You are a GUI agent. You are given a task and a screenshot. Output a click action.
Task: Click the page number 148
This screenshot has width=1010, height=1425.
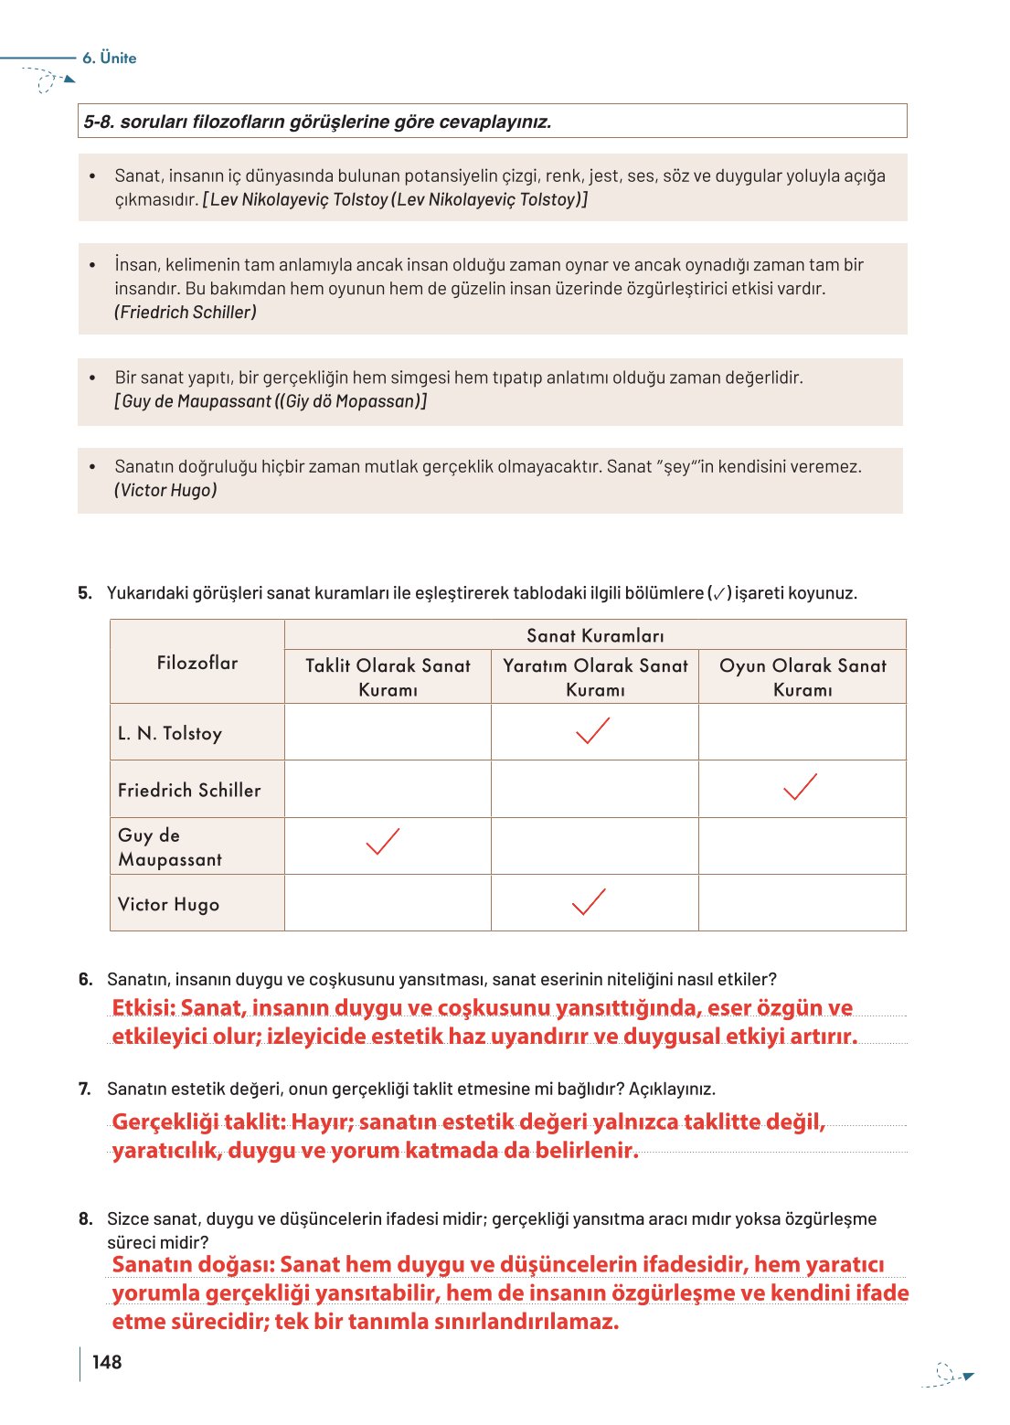[x=107, y=1362]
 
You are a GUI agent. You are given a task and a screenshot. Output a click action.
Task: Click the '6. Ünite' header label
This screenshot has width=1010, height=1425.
[x=109, y=58]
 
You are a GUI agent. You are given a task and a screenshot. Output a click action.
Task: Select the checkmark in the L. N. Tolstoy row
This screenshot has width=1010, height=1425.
[x=593, y=731]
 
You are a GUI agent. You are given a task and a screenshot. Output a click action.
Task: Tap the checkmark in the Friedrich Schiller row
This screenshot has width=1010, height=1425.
[x=800, y=787]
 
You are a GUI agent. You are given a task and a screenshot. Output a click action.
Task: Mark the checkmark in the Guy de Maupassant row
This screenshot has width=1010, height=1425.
[x=383, y=841]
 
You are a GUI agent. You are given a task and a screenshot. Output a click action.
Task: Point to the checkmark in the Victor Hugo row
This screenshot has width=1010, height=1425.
[x=589, y=901]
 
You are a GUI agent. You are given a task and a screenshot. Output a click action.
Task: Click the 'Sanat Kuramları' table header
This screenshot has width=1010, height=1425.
[x=595, y=635]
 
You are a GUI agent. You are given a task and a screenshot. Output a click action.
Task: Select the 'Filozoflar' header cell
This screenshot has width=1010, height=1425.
[x=197, y=663]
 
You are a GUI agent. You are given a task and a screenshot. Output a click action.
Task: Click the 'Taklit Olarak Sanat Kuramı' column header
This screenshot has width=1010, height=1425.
[x=388, y=677]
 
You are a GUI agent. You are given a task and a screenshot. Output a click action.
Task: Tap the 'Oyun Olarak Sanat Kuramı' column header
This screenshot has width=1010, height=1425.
[x=803, y=677]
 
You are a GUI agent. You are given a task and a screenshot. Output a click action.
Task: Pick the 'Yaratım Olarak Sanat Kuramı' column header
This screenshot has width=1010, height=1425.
[x=595, y=677]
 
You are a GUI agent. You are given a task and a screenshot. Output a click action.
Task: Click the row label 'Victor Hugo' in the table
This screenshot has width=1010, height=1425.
[x=168, y=904]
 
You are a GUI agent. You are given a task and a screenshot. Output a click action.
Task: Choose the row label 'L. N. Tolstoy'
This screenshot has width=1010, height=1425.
[x=170, y=733]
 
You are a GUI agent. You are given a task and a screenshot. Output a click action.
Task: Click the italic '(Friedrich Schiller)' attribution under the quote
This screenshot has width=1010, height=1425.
[x=186, y=313]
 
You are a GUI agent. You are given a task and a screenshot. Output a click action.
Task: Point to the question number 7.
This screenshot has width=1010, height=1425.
[x=85, y=1089]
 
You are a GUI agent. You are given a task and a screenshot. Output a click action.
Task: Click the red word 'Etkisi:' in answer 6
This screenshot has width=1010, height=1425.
[x=143, y=1007]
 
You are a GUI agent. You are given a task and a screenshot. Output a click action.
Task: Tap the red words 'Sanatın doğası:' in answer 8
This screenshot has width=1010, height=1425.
[x=193, y=1264]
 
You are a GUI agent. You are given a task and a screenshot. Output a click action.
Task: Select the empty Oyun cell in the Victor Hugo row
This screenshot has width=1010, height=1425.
[x=803, y=903]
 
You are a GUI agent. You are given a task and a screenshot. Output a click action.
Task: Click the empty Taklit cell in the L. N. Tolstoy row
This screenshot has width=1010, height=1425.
[x=388, y=732]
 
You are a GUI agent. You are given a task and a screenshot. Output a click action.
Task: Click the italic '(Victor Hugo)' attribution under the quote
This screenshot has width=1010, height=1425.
[x=165, y=490]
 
